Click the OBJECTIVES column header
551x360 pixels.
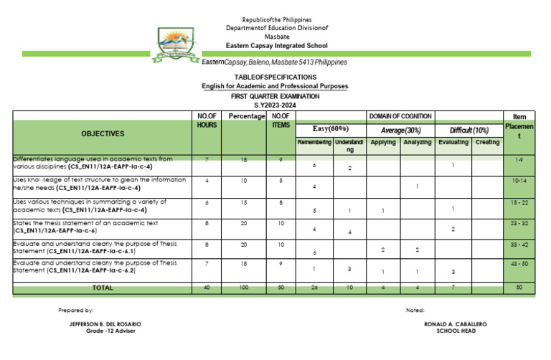[102, 134]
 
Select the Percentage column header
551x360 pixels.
[245, 116]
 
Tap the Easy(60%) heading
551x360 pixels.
[330, 128]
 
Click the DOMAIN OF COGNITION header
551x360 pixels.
[400, 115]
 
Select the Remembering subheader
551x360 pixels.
[314, 143]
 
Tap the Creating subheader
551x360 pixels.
[487, 143]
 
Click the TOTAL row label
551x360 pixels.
[102, 288]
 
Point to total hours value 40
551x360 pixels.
[207, 288]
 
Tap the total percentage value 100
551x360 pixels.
[245, 288]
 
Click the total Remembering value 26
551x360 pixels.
[314, 288]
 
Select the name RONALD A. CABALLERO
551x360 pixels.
[456, 324]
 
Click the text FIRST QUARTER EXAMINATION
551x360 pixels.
[275, 95]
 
